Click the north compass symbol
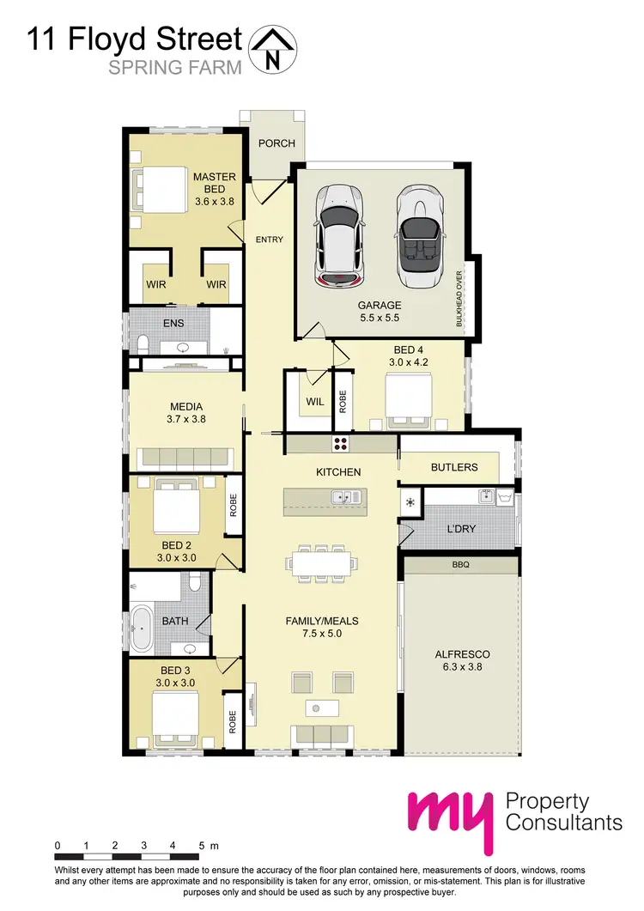tap(272, 48)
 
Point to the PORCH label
tap(276, 143)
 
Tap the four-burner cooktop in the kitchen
tap(341, 444)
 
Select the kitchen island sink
tap(344, 497)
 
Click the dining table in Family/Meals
tap(323, 564)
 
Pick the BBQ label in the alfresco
tap(461, 566)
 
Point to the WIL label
tap(310, 399)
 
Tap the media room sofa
tap(181, 459)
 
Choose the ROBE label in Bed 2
tap(233, 504)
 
